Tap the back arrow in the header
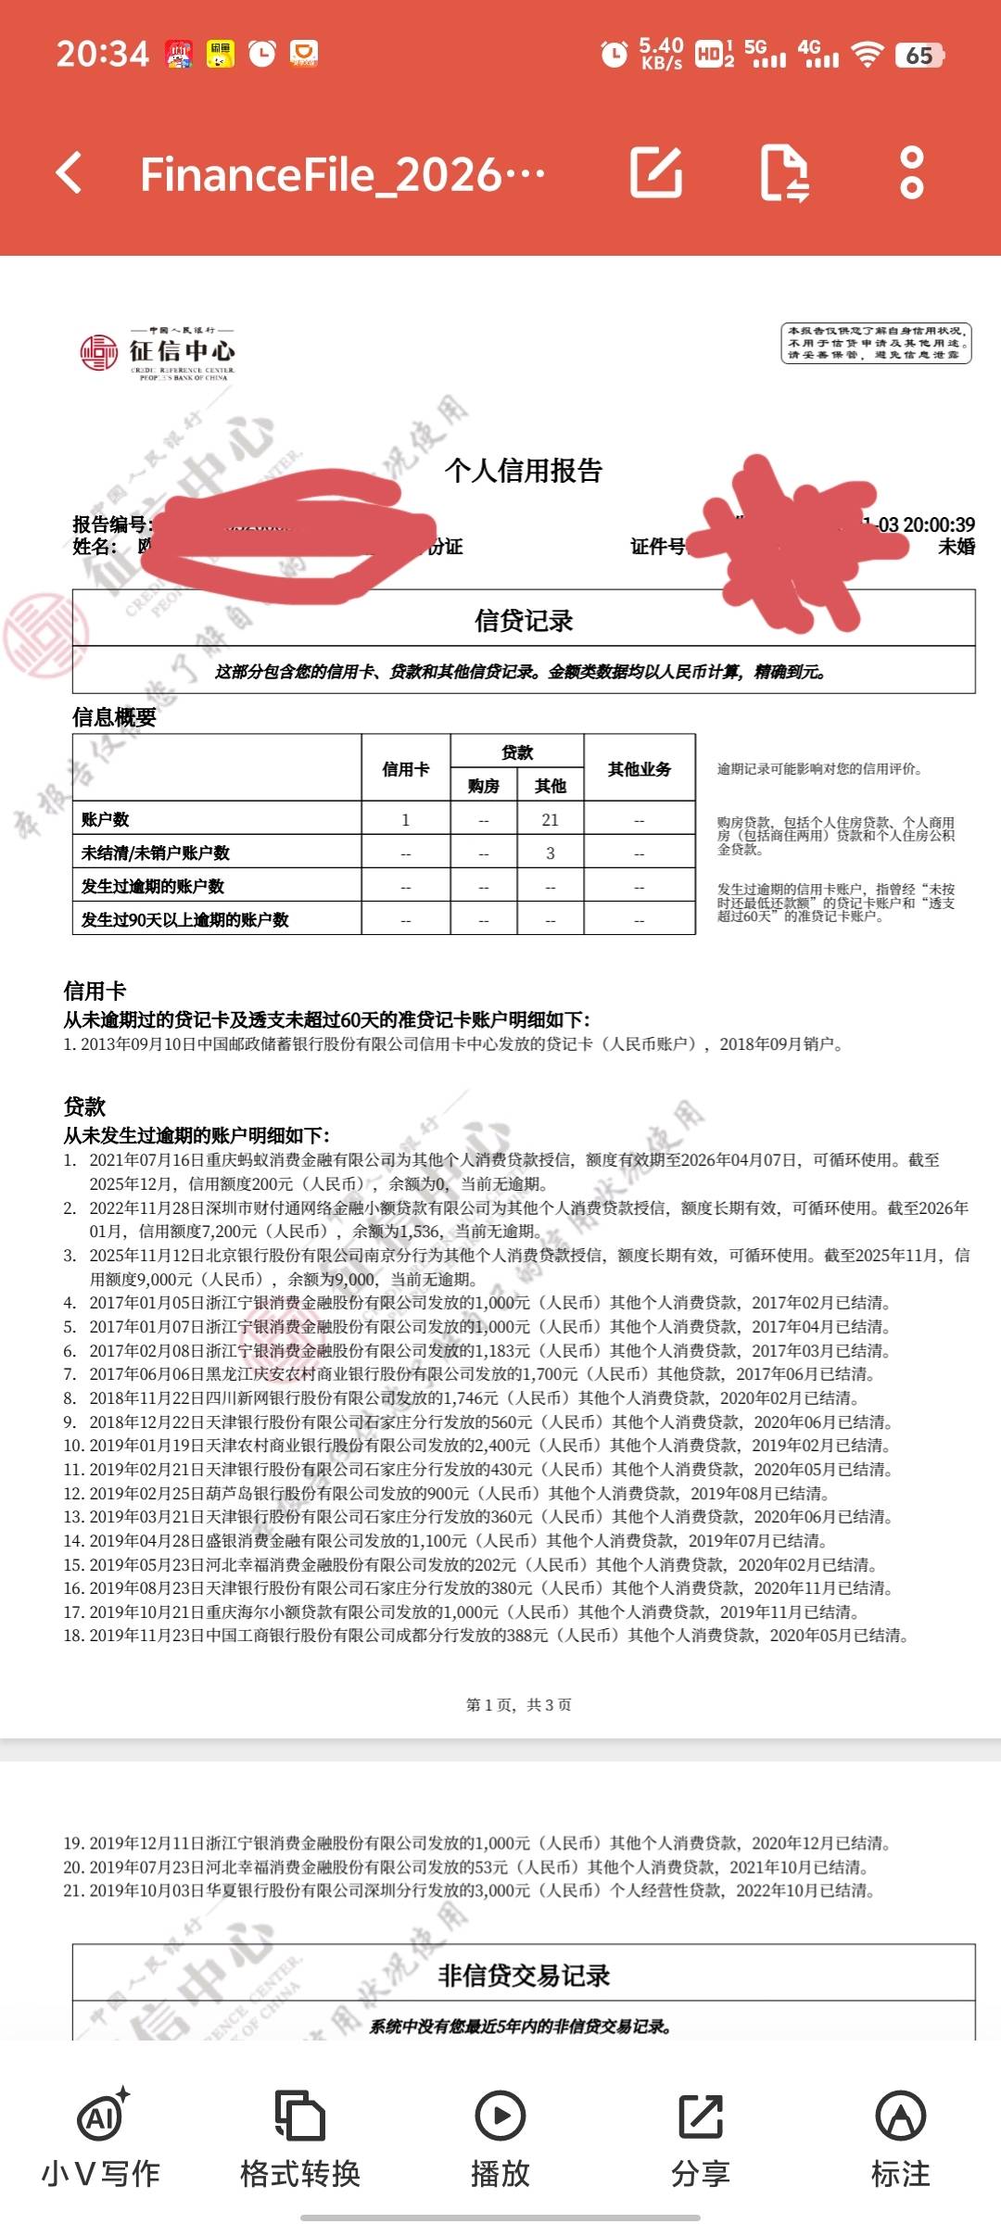pos(70,173)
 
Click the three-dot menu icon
pos(911,173)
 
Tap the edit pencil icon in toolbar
pos(656,173)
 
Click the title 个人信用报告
pos(524,471)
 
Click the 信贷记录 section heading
pos(524,621)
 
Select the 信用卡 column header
pos(406,769)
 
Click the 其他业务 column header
pos(640,769)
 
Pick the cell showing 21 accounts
pos(551,820)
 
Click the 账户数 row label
pos(106,820)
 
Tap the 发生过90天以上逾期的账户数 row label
pos(185,920)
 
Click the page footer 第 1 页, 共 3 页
pos(519,1705)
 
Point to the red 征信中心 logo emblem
pos(98,352)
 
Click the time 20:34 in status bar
pos(102,54)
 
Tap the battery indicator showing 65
pos(919,56)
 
